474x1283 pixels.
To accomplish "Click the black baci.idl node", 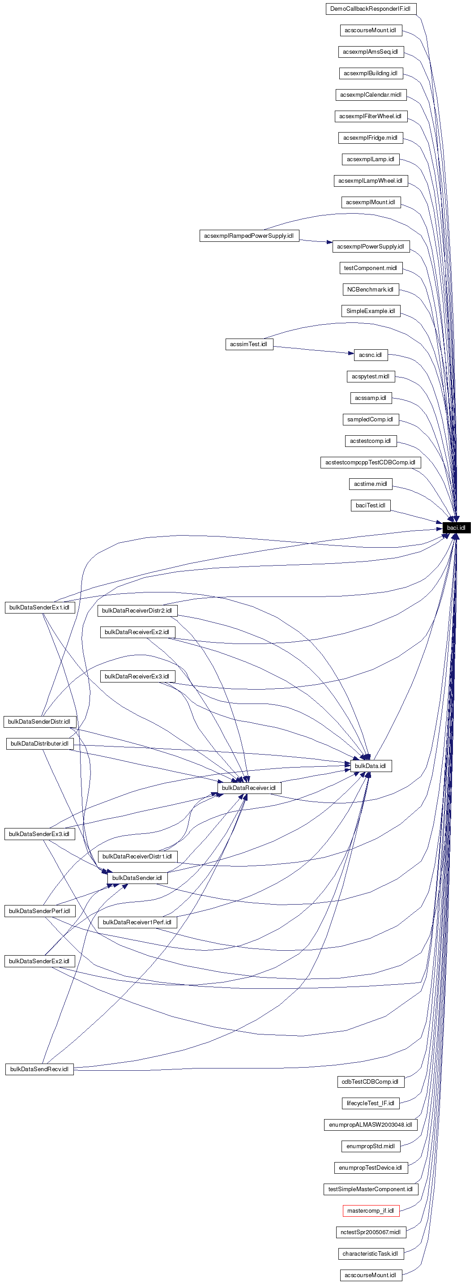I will click(456, 528).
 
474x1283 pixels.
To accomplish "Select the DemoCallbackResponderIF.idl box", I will click(371, 9).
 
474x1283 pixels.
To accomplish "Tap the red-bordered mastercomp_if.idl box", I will click(371, 1210).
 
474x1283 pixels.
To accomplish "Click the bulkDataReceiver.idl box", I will click(248, 787).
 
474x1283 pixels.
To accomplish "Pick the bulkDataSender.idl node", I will click(137, 878).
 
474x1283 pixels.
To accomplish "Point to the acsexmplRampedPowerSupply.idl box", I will click(249, 236).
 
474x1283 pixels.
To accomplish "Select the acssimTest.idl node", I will click(249, 344).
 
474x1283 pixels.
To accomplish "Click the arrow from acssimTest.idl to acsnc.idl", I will click(314, 350).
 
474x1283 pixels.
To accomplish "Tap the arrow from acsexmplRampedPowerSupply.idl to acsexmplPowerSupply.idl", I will click(316, 241).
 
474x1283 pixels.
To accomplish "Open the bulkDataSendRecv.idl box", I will click(39, 1069).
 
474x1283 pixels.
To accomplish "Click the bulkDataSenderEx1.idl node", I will click(39, 608).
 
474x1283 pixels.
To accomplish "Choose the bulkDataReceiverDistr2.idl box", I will click(137, 611).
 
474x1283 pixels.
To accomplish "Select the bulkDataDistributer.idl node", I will click(39, 743).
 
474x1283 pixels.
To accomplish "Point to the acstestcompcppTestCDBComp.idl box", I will click(371, 462).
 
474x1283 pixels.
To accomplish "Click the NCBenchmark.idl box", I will click(371, 289).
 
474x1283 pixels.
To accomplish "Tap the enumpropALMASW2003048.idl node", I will click(371, 1124).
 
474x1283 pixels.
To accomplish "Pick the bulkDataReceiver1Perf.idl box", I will click(137, 923).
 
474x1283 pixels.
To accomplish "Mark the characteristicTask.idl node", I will click(371, 1253).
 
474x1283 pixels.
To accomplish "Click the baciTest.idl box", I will click(371, 506).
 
